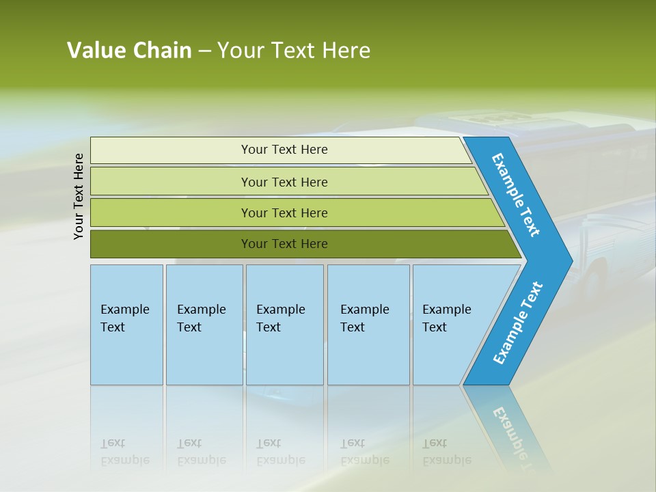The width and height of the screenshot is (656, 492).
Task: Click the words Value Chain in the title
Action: pyautogui.click(x=129, y=51)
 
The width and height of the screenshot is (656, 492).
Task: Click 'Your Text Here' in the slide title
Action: pyautogui.click(x=294, y=51)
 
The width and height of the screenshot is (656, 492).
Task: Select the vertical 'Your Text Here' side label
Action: pyautogui.click(x=79, y=196)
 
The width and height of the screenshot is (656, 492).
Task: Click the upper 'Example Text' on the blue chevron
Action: pyautogui.click(x=516, y=195)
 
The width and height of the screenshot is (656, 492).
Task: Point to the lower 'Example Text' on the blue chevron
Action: pyautogui.click(x=518, y=323)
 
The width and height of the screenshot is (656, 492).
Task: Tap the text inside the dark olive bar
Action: pyautogui.click(x=284, y=244)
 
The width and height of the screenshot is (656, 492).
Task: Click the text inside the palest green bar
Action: pyautogui.click(x=284, y=150)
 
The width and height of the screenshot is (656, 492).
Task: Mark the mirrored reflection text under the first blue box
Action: pyautogui.click(x=124, y=452)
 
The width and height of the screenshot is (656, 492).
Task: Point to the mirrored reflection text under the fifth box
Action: pyautogui.click(x=446, y=452)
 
